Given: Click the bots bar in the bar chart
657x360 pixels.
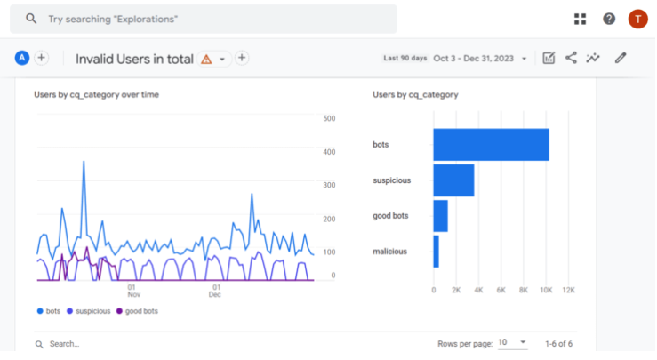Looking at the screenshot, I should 491,145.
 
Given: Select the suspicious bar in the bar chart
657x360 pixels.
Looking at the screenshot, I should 453,180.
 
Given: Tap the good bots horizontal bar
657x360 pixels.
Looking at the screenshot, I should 440,216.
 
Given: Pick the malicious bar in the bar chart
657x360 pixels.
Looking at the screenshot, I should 436,252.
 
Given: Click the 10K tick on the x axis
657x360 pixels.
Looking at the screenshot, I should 547,291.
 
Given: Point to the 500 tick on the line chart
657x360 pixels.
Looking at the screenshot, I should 329,118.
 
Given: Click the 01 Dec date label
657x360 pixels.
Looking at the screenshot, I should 214,291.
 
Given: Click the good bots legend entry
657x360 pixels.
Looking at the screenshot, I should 140,311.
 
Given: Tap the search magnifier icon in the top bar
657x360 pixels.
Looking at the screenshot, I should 31,19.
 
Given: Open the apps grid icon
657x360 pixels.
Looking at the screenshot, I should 581,19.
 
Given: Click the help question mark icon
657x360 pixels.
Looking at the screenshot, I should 609,19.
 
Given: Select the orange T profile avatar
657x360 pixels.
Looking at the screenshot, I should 637,19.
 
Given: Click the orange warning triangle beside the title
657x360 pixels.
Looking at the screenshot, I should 206,59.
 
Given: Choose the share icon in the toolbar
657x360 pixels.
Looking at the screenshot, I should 571,59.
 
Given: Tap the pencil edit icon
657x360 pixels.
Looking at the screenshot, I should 621,59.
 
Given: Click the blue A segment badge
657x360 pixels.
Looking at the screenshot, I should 22,58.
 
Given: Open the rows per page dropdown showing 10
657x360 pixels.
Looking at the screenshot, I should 511,342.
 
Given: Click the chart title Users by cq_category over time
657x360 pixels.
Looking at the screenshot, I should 96,93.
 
